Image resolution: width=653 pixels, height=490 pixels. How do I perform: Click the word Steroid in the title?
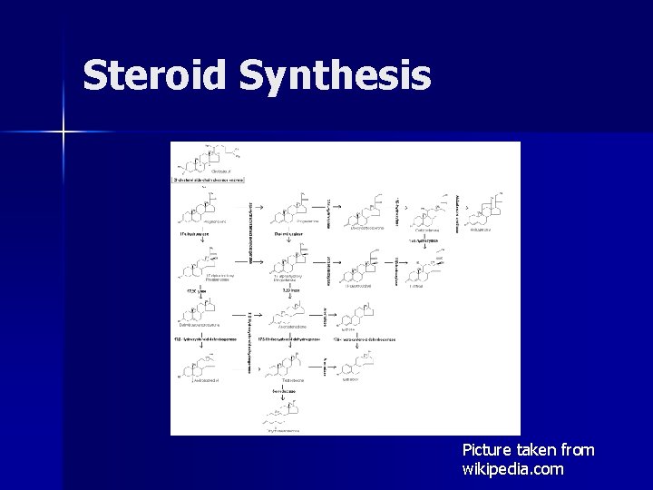click(x=155, y=75)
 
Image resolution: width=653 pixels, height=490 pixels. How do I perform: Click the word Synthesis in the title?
click(x=335, y=75)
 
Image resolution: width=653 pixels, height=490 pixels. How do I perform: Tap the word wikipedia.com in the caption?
click(x=512, y=469)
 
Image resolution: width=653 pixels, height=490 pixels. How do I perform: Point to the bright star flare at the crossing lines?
click(x=63, y=132)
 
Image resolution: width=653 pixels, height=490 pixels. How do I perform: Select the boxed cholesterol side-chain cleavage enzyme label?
click(x=210, y=180)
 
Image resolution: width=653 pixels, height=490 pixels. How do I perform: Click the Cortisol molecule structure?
click(x=422, y=270)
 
